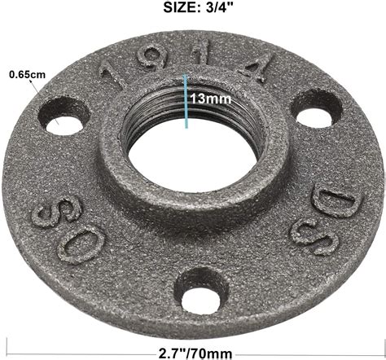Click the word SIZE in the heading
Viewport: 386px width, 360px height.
tap(169, 9)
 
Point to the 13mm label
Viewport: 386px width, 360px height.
tap(208, 98)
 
